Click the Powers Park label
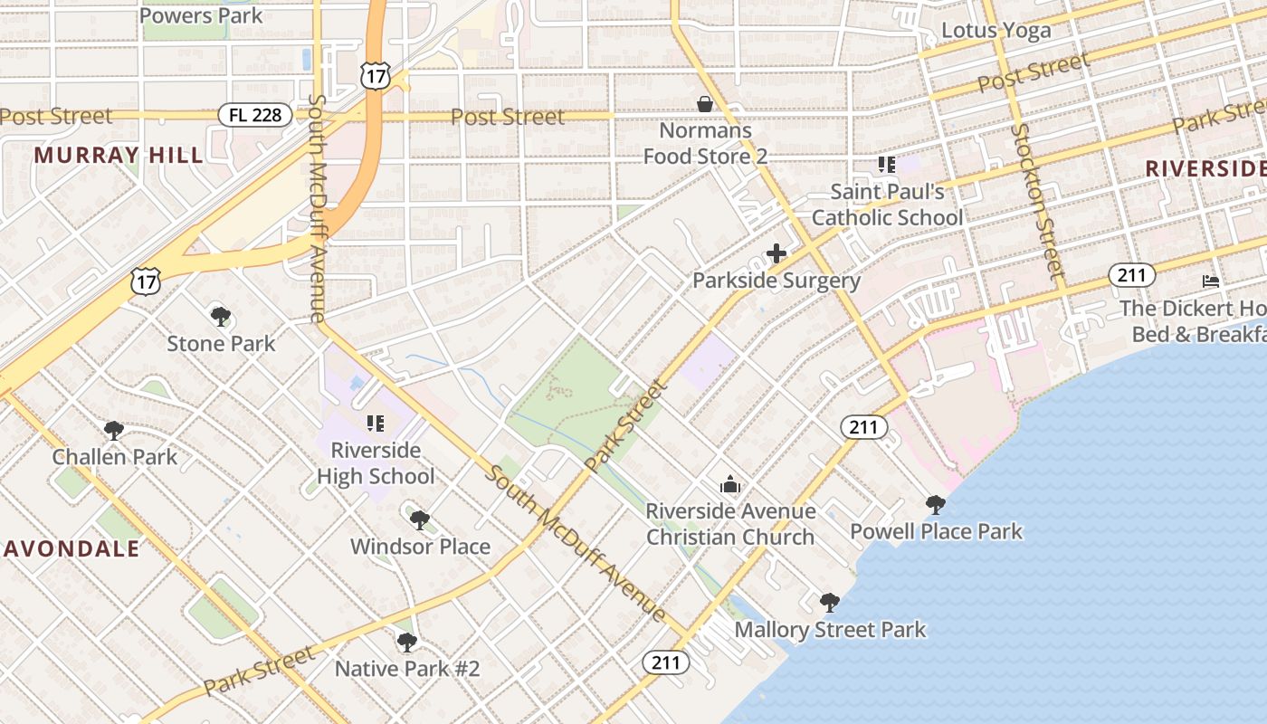[x=202, y=15]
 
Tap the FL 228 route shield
[x=255, y=115]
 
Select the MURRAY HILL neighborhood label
[x=119, y=155]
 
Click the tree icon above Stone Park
[x=220, y=316]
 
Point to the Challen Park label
[x=115, y=456]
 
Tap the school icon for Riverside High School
[x=376, y=423]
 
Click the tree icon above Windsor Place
[x=419, y=519]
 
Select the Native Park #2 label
[x=407, y=669]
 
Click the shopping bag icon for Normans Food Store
[x=705, y=104]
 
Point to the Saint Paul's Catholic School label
[x=887, y=205]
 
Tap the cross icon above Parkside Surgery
[x=776, y=253]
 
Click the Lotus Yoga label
[x=996, y=30]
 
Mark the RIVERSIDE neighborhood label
[x=1204, y=168]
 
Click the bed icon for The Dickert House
[x=1211, y=281]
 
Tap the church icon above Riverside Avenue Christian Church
[x=730, y=485]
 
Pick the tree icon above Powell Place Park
[x=936, y=504]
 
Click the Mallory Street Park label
[x=830, y=629]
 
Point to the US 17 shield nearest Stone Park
[x=146, y=281]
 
